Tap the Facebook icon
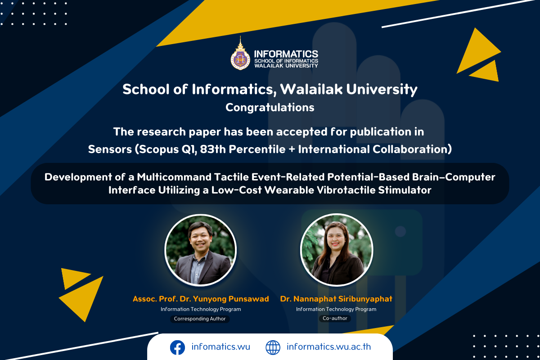point(177,347)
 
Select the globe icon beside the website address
point(273,347)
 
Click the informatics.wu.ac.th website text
point(328,347)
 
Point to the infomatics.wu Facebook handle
point(220,347)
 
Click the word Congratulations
point(270,108)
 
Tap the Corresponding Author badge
point(200,319)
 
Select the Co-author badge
point(335,318)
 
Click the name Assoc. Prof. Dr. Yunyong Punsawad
point(201,299)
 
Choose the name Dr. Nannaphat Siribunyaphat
point(336,299)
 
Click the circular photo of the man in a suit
point(200,250)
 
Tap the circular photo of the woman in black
point(337,250)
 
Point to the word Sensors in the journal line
point(110,149)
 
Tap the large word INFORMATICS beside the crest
point(286,54)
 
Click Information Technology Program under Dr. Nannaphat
point(336,309)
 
